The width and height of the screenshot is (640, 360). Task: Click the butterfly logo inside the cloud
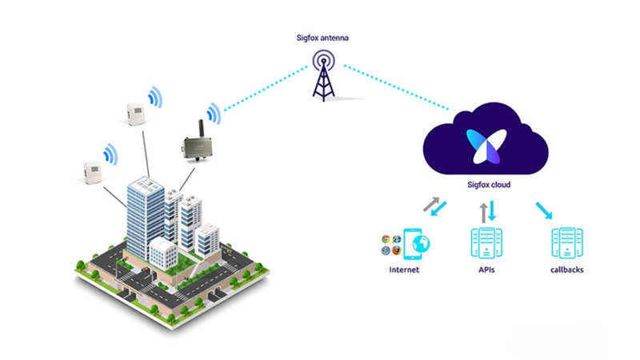(x=482, y=144)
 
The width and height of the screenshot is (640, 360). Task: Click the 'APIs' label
(x=487, y=270)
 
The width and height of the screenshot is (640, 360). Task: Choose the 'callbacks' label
(x=567, y=270)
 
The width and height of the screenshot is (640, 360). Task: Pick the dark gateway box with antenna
(x=194, y=146)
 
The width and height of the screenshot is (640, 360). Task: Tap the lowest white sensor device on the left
(x=95, y=170)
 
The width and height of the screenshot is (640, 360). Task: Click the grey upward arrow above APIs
(x=482, y=212)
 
